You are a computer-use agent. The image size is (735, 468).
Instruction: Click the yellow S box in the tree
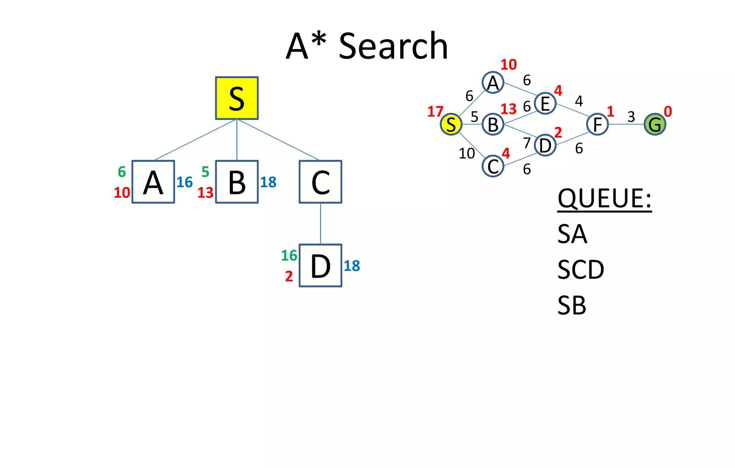point(237,98)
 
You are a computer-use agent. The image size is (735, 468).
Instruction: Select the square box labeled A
point(153,182)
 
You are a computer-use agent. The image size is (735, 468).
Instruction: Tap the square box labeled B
point(237,182)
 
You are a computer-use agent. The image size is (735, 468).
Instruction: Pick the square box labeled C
point(320,182)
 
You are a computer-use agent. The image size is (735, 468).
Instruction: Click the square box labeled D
point(320,265)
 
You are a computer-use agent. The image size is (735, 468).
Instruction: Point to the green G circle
point(655,124)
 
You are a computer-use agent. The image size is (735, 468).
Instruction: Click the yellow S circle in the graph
point(451,124)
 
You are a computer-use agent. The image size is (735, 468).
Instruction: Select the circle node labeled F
point(598,124)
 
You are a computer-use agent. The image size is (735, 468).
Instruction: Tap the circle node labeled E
point(545,103)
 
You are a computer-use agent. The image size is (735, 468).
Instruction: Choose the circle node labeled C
point(493,166)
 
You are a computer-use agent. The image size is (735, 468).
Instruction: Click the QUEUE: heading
point(604,198)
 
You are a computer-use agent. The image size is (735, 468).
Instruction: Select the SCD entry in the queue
point(581,269)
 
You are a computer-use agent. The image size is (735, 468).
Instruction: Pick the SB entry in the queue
point(572,305)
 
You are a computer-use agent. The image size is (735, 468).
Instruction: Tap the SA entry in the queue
point(572,234)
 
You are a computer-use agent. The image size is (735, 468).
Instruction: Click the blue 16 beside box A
point(184,182)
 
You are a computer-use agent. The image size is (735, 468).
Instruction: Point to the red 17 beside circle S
point(435,112)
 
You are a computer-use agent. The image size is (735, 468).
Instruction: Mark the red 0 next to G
point(668,112)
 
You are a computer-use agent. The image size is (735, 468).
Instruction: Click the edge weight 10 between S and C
point(467,154)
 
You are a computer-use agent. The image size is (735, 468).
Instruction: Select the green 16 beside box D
point(289,256)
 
